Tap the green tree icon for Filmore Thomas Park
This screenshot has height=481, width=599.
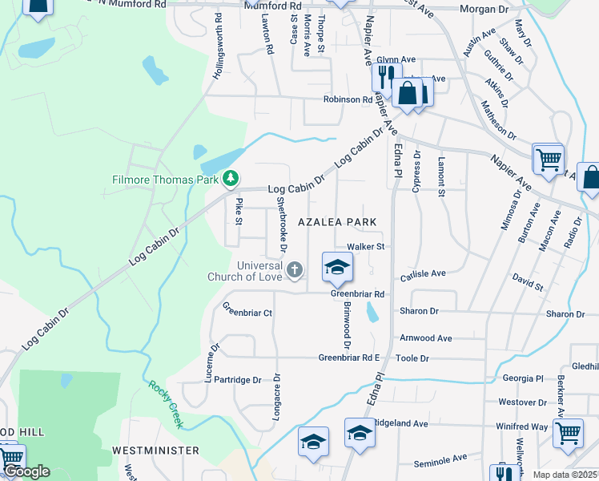click(231, 179)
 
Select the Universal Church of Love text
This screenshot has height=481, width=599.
click(259, 272)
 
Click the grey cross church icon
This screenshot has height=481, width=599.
click(295, 270)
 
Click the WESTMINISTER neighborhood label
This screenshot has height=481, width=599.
click(155, 451)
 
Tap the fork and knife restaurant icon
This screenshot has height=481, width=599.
click(384, 77)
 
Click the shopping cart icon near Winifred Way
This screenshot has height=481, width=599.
click(568, 433)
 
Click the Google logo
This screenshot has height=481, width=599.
click(26, 471)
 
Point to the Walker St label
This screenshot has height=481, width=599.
click(366, 247)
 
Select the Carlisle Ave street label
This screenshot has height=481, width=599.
click(423, 273)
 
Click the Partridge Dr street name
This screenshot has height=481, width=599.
click(238, 381)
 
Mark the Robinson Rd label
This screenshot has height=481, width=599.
click(348, 100)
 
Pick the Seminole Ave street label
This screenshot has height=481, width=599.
click(440, 459)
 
